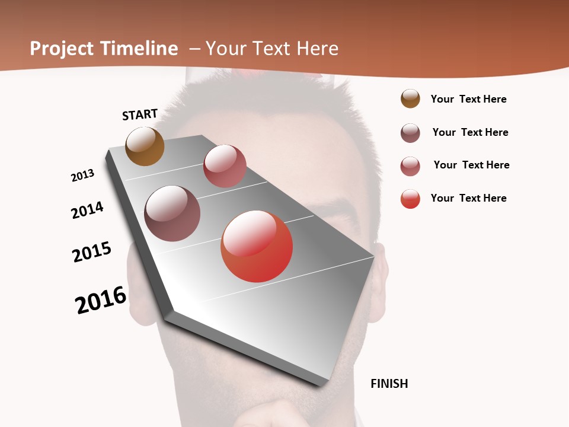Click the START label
(x=140, y=114)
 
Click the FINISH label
(x=389, y=384)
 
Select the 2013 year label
(x=82, y=176)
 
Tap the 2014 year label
(x=87, y=210)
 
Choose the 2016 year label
(x=101, y=299)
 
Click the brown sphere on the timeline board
(x=145, y=146)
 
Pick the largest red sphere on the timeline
(x=257, y=246)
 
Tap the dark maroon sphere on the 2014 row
(x=172, y=213)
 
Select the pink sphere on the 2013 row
(x=225, y=166)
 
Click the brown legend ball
(x=410, y=98)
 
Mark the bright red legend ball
(x=410, y=199)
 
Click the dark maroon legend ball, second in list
(x=410, y=133)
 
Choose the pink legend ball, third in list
(x=410, y=166)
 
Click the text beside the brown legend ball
(x=468, y=99)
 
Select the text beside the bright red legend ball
(x=468, y=198)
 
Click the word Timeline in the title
(x=139, y=49)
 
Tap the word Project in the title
(x=62, y=49)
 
